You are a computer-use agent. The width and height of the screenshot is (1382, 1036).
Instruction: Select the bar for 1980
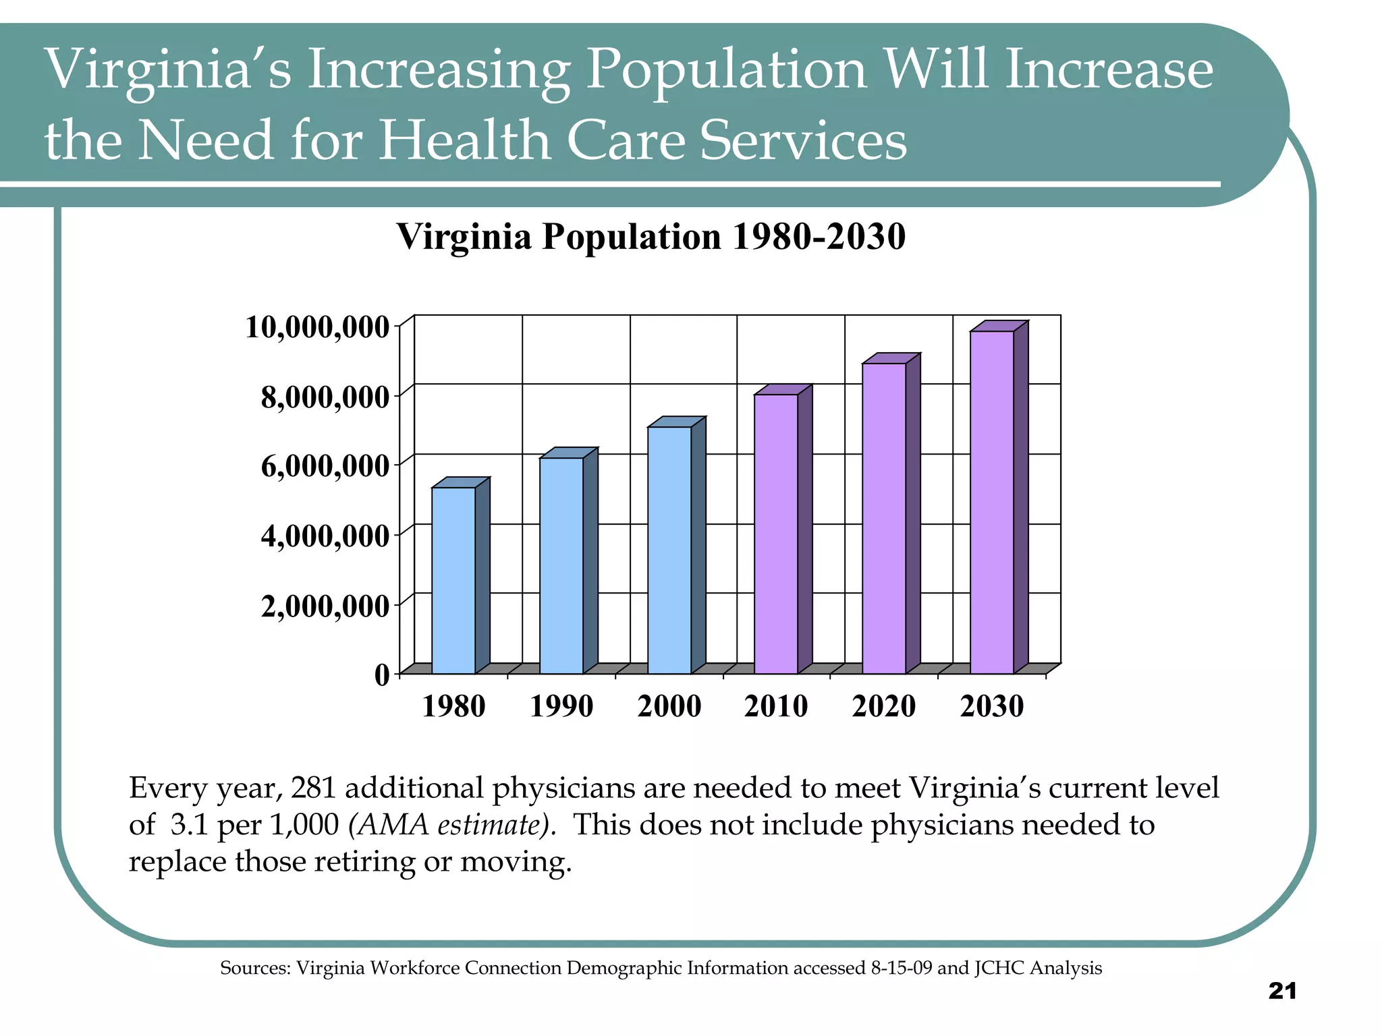pyautogui.click(x=453, y=580)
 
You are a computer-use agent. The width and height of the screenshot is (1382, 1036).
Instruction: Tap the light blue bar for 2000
pyautogui.click(x=669, y=550)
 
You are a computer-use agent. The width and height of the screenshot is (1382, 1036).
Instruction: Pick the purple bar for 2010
pyautogui.click(x=776, y=533)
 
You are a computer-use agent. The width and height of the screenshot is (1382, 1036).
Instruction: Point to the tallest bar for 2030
pyautogui.click(x=992, y=502)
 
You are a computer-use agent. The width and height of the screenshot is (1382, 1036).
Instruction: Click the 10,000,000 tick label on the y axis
pyautogui.click(x=317, y=328)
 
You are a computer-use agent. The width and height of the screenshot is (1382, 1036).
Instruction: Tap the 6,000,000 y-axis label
pyautogui.click(x=325, y=467)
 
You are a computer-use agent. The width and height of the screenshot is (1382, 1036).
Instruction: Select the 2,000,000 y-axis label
pyautogui.click(x=325, y=607)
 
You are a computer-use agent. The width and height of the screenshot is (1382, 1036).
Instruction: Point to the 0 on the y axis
pyautogui.click(x=382, y=674)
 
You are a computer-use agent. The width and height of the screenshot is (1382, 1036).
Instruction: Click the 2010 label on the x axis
pyautogui.click(x=776, y=707)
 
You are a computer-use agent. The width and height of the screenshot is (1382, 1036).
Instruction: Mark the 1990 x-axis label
pyautogui.click(x=561, y=707)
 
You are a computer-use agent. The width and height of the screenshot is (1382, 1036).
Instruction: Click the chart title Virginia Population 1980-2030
pyautogui.click(x=651, y=237)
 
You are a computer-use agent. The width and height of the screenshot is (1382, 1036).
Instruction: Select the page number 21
pyautogui.click(x=1282, y=991)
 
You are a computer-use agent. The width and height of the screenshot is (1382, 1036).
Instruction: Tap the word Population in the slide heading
pyautogui.click(x=726, y=70)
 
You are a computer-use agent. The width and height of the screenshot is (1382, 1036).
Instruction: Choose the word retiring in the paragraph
pyautogui.click(x=364, y=862)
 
